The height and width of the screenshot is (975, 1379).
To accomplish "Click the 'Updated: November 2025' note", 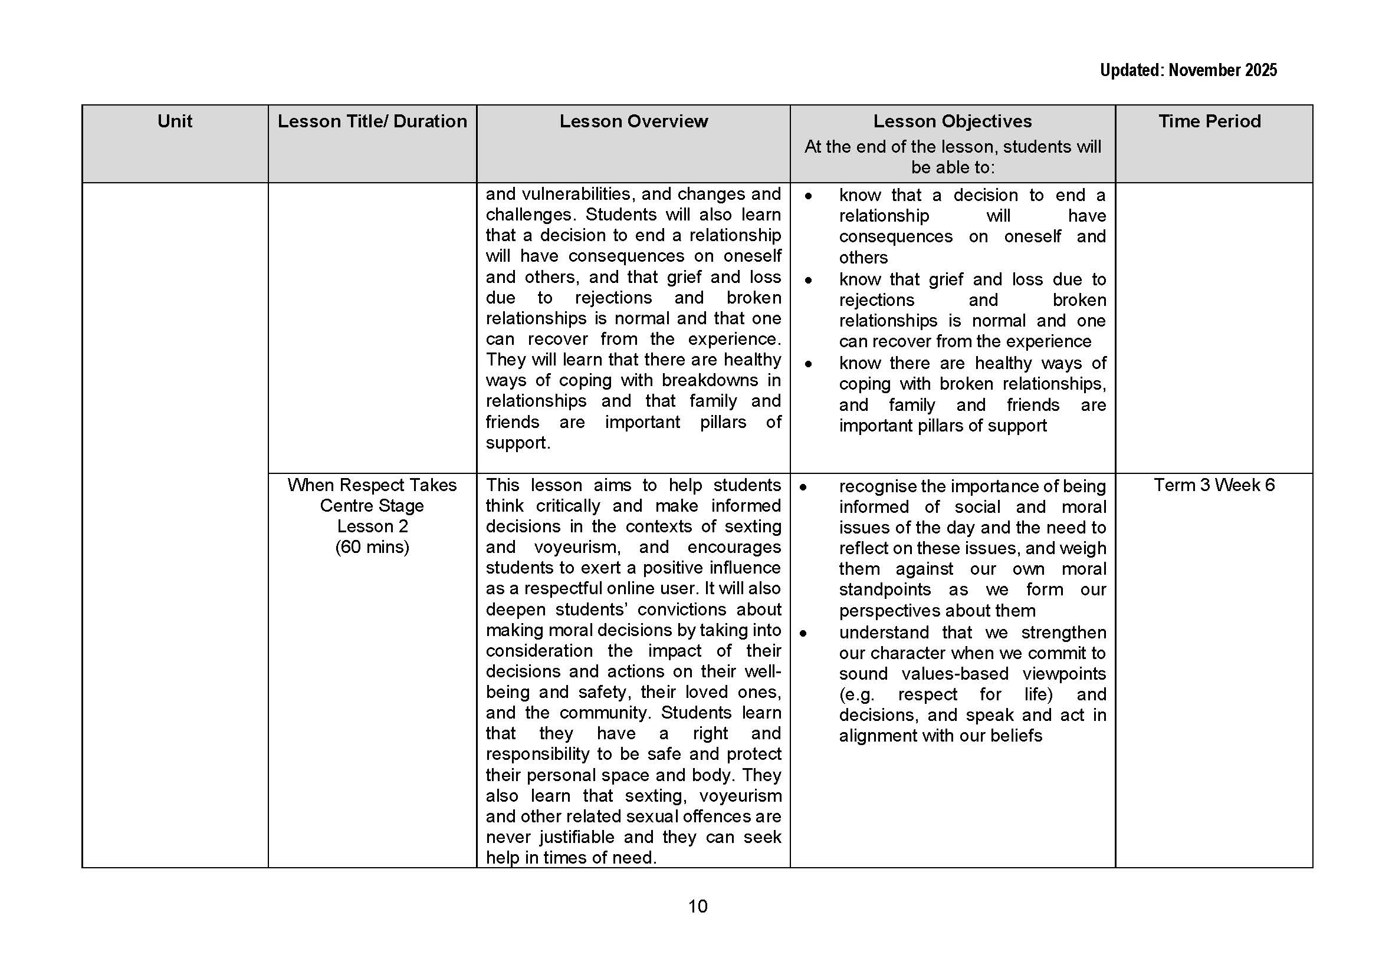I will point(1187,70).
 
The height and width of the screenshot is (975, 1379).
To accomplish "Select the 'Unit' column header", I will point(175,121).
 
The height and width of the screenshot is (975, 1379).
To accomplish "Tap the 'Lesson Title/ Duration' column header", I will point(372,121).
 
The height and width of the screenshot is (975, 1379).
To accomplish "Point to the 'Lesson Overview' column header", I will point(633,121).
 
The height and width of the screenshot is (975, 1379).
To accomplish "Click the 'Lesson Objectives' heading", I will point(952,121).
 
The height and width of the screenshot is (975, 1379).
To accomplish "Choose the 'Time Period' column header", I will point(1209,121).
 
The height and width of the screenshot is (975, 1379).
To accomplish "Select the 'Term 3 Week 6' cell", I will point(1214,485).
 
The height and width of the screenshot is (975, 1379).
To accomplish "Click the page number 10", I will point(697,906).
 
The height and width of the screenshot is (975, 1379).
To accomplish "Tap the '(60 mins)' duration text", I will point(372,547).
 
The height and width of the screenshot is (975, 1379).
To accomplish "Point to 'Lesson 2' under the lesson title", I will point(372,526).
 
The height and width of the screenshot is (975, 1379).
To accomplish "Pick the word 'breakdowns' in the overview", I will point(710,380).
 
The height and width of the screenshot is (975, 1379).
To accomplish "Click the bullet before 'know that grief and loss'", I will point(809,280).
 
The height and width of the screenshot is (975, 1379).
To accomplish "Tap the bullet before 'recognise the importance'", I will point(803,486).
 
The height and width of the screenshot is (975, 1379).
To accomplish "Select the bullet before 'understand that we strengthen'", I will point(803,633).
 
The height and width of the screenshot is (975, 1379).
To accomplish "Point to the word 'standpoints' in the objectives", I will point(885,589).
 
